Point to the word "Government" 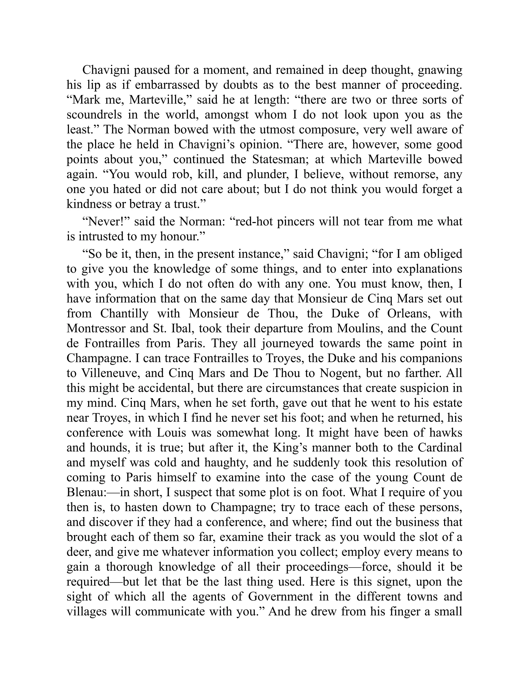(281, 596)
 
